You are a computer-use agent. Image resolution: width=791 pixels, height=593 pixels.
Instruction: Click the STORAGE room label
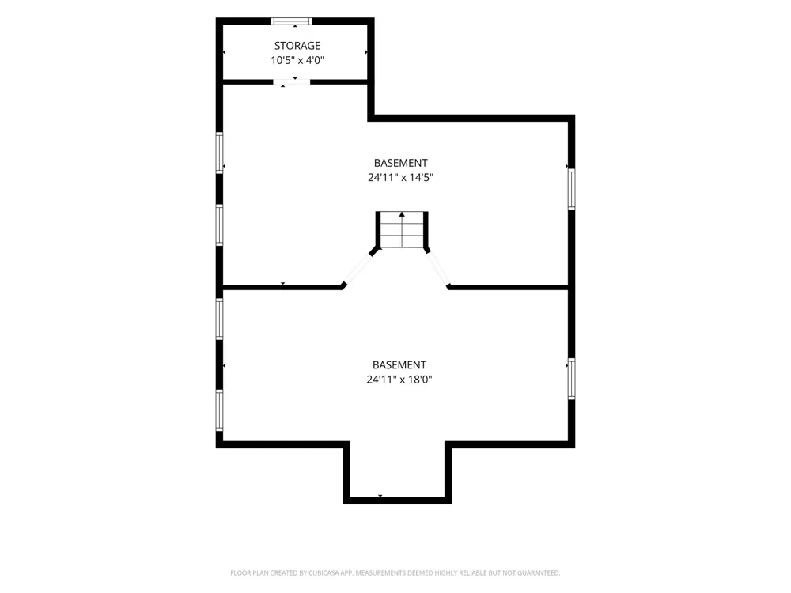297,46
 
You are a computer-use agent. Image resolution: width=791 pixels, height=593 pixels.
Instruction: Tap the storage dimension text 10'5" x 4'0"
297,61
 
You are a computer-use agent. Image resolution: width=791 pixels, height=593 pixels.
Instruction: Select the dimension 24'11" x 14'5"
400,177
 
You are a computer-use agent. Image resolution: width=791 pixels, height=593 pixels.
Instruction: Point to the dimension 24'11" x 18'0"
399,380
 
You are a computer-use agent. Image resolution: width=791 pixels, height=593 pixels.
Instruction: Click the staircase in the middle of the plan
402,230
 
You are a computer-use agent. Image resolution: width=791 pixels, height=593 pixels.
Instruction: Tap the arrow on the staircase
402,230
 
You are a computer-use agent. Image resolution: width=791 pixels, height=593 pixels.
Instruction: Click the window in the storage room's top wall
292,21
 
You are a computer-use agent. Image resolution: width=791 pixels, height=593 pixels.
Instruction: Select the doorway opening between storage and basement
292,81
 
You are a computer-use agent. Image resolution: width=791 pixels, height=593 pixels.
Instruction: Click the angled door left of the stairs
358,270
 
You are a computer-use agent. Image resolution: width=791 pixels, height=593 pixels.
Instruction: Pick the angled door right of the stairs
437,270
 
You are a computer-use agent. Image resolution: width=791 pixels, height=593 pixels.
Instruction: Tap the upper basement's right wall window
572,189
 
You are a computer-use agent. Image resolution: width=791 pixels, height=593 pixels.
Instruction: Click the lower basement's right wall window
572,379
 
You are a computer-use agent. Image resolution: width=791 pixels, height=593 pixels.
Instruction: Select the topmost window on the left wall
219,153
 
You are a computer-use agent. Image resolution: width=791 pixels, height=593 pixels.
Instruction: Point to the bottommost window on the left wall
219,410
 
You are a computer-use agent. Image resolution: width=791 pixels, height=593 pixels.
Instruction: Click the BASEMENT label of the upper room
400,163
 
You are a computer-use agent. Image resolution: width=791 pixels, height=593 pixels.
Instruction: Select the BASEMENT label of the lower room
399,364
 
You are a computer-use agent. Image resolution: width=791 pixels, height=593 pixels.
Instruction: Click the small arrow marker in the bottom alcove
380,497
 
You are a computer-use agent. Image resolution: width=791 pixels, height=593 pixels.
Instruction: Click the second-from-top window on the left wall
219,225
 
